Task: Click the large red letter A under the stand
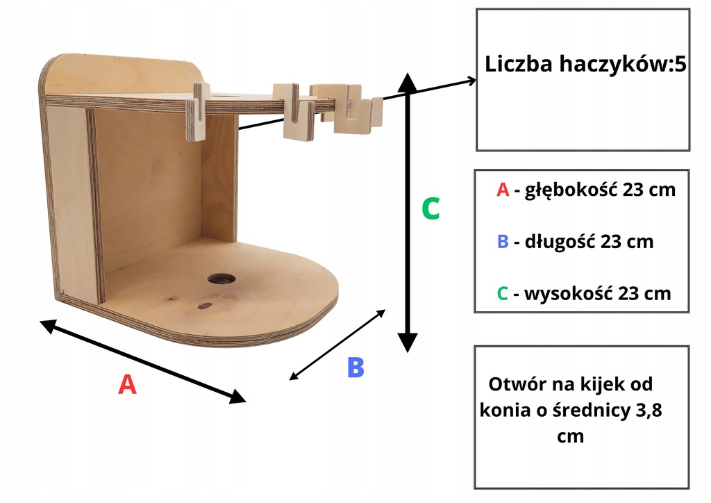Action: click(126, 384)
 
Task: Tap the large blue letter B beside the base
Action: click(355, 368)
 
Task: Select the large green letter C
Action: click(430, 208)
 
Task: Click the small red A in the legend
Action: click(503, 190)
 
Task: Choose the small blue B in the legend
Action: click(503, 242)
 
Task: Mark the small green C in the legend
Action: click(503, 293)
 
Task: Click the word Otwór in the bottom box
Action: click(513, 384)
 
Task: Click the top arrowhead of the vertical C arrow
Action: click(408, 80)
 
